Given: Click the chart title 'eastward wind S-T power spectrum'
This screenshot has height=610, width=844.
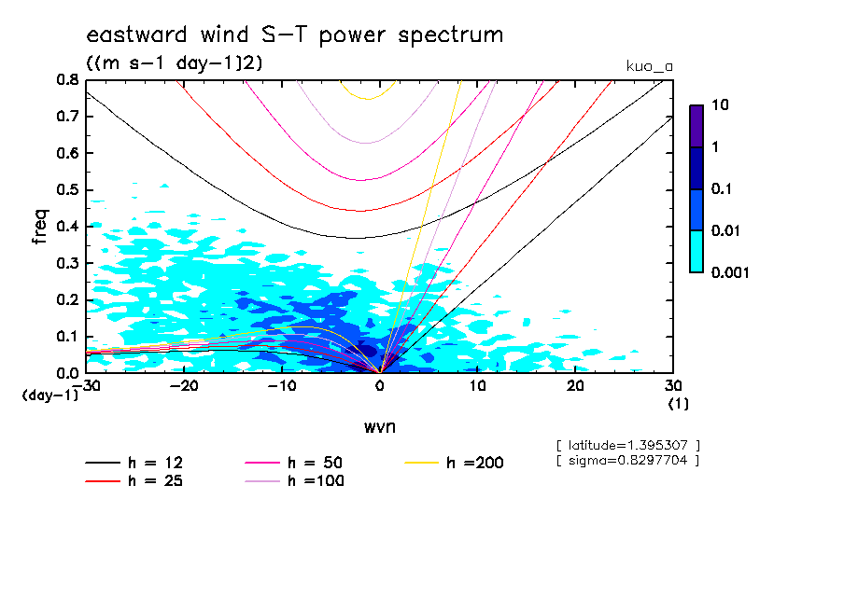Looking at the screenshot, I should click(294, 35).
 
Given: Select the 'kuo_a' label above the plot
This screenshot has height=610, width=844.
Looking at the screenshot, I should click(649, 66).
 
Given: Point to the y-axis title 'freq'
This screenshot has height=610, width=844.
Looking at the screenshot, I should click(40, 227).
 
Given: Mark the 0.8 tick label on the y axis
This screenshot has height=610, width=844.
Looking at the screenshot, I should click(67, 80).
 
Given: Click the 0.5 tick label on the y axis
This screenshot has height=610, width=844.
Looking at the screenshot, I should click(67, 190).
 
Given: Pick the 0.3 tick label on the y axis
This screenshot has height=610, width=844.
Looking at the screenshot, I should click(67, 263).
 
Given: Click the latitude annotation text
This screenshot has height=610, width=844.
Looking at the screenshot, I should click(626, 445).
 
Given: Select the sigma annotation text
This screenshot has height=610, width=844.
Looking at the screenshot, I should click(626, 461).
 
